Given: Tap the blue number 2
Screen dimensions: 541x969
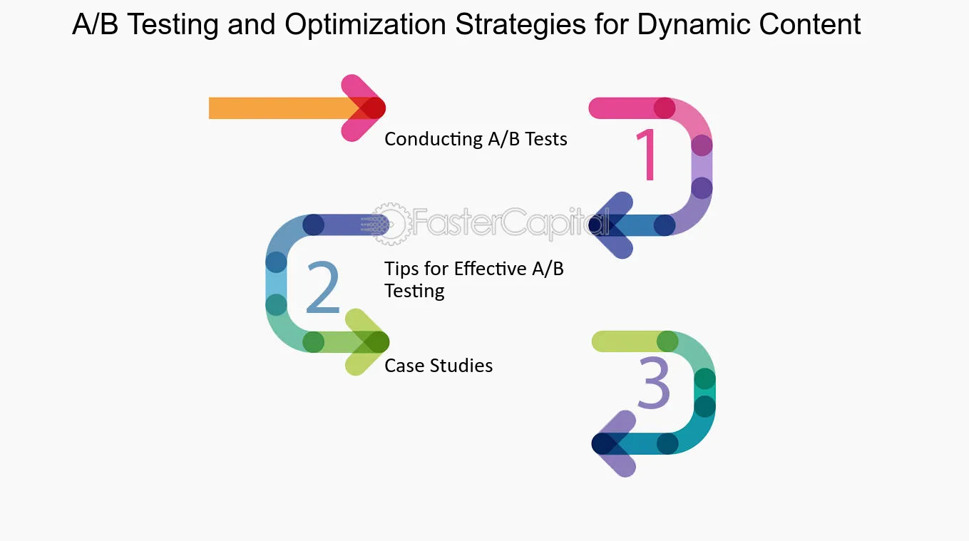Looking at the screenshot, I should click(x=322, y=289).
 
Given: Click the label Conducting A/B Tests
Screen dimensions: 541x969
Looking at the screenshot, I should click(x=476, y=139).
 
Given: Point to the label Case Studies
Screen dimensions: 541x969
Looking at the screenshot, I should click(x=439, y=366).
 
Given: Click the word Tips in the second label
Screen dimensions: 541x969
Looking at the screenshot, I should click(x=401, y=269).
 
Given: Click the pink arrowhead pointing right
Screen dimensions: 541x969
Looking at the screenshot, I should click(x=364, y=108).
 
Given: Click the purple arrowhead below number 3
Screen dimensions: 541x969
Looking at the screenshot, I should click(x=615, y=443).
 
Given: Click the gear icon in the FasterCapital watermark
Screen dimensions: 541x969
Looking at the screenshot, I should click(x=391, y=223).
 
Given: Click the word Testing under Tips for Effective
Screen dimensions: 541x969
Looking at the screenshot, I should click(x=414, y=291).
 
